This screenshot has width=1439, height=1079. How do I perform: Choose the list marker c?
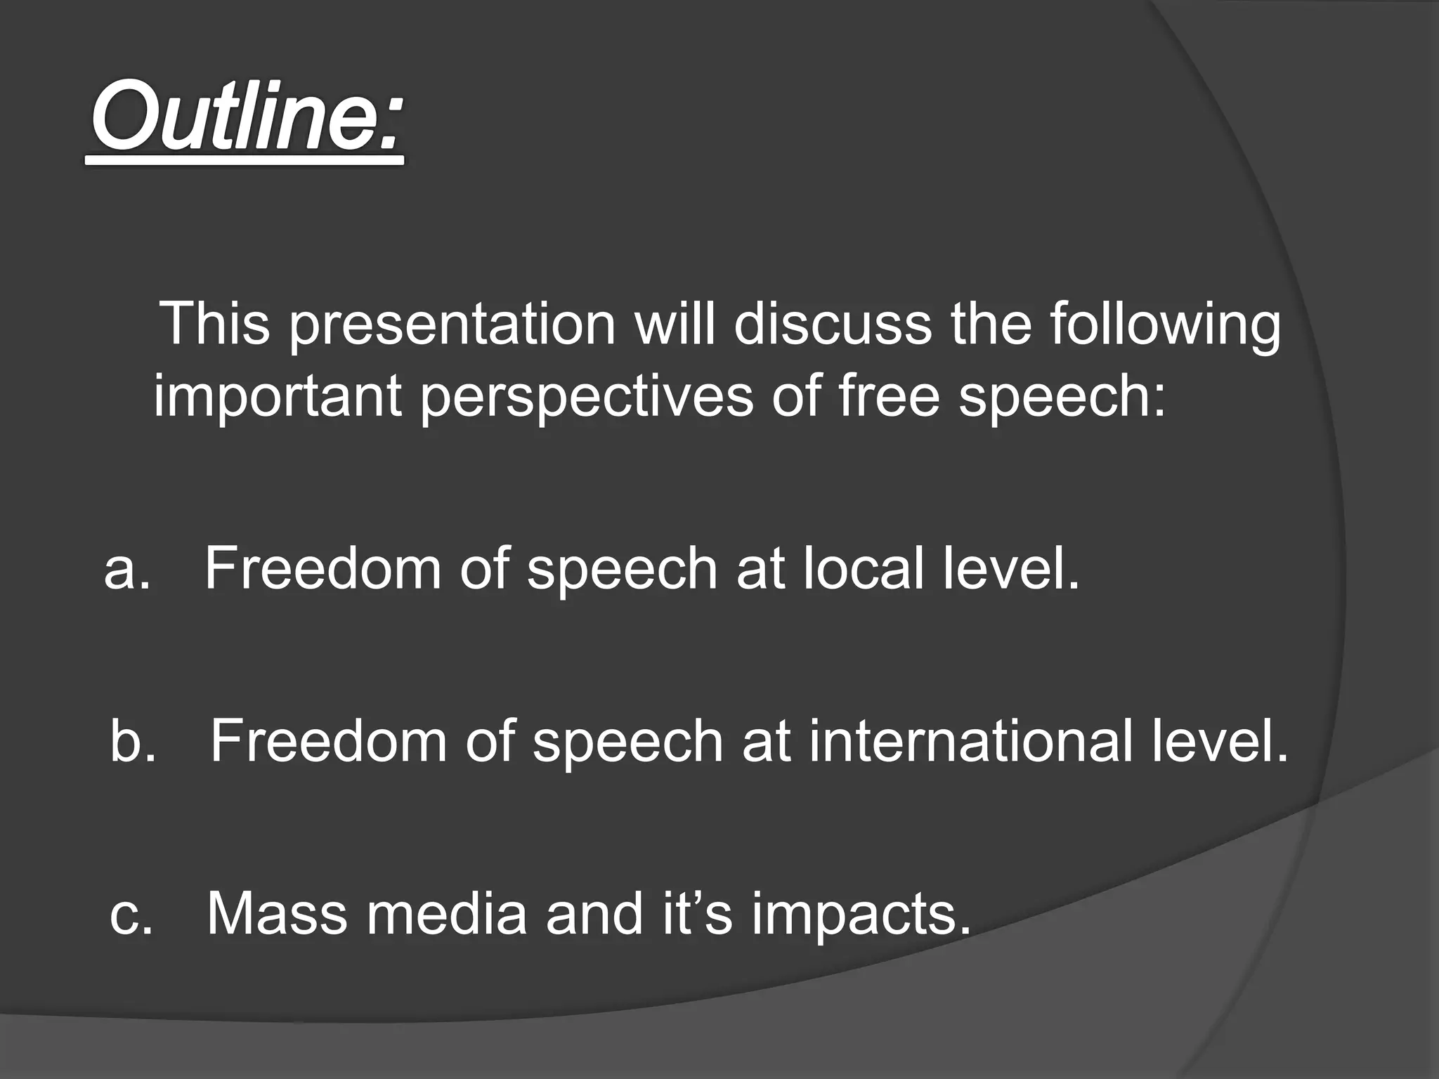pyautogui.click(x=131, y=915)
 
